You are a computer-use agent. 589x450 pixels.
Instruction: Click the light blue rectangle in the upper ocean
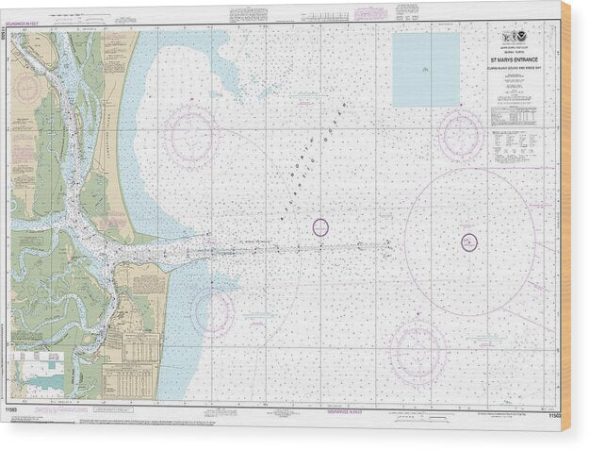pyautogui.click(x=425, y=70)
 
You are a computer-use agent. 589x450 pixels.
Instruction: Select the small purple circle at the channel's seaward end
pyautogui.click(x=320, y=226)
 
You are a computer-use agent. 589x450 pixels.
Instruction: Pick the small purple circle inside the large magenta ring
pyautogui.click(x=469, y=242)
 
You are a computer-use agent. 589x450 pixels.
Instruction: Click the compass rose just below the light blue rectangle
pyautogui.click(x=461, y=134)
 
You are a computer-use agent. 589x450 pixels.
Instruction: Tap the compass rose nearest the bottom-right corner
pyautogui.click(x=417, y=354)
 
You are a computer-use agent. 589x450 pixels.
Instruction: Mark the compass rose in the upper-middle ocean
pyautogui.click(x=190, y=135)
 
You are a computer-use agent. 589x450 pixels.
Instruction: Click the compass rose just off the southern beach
pyautogui.click(x=211, y=311)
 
